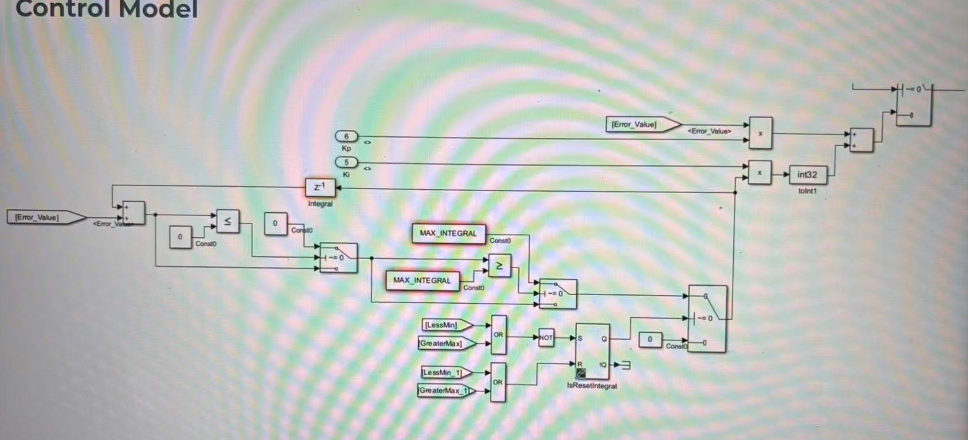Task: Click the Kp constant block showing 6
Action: click(347, 136)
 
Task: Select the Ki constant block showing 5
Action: click(347, 163)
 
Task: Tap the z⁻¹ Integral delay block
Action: click(320, 187)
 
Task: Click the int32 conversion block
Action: click(807, 175)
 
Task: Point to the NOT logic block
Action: click(546, 338)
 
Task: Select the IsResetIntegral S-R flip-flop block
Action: click(592, 351)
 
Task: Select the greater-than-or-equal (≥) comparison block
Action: click(499, 266)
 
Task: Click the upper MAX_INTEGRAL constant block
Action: click(448, 233)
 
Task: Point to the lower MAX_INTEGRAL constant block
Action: click(422, 281)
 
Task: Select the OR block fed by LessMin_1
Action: click(498, 382)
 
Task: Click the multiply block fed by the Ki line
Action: click(759, 172)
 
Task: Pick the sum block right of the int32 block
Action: click(861, 139)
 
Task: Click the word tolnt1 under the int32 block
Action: click(807, 191)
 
